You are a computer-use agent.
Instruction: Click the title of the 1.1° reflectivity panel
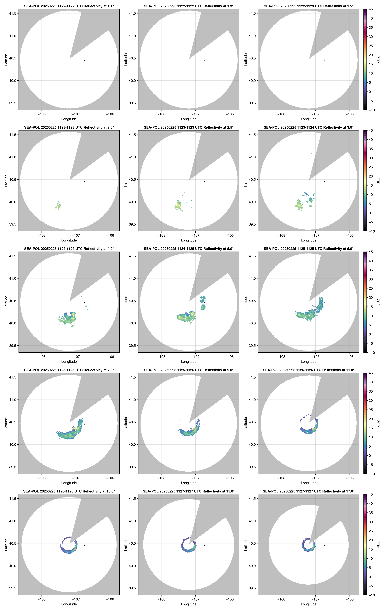69,6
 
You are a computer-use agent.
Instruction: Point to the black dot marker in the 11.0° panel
324,424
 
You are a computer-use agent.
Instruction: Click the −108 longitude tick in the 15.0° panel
161,599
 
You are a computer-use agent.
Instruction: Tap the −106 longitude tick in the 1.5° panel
350,114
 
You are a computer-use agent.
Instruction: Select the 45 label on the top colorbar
371,9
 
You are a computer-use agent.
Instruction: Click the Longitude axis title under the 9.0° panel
189,483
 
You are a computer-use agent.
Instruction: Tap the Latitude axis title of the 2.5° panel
126,181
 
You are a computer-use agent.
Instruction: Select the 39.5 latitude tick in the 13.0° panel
13,588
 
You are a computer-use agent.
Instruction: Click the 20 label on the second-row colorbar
371,176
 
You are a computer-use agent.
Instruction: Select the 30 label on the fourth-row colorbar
371,400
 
